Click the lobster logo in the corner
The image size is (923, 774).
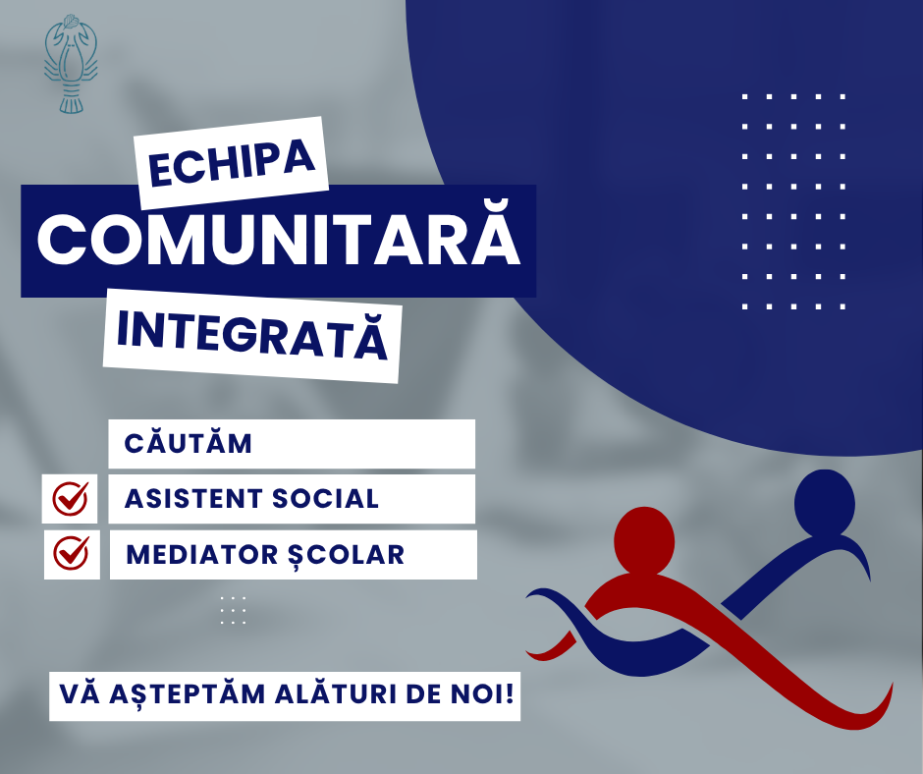pos(71,64)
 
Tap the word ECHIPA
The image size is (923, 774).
pos(232,163)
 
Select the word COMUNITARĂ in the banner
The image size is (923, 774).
pos(279,235)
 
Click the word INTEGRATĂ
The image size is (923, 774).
pos(252,336)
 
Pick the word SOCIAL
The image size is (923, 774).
pos(325,499)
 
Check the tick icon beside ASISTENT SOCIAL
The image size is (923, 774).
pos(70,498)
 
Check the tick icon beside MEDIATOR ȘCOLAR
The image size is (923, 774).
pos(72,554)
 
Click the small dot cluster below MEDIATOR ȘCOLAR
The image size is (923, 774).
pos(233,610)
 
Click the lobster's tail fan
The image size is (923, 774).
pos(71,105)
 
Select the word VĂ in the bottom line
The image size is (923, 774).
pos(80,693)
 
